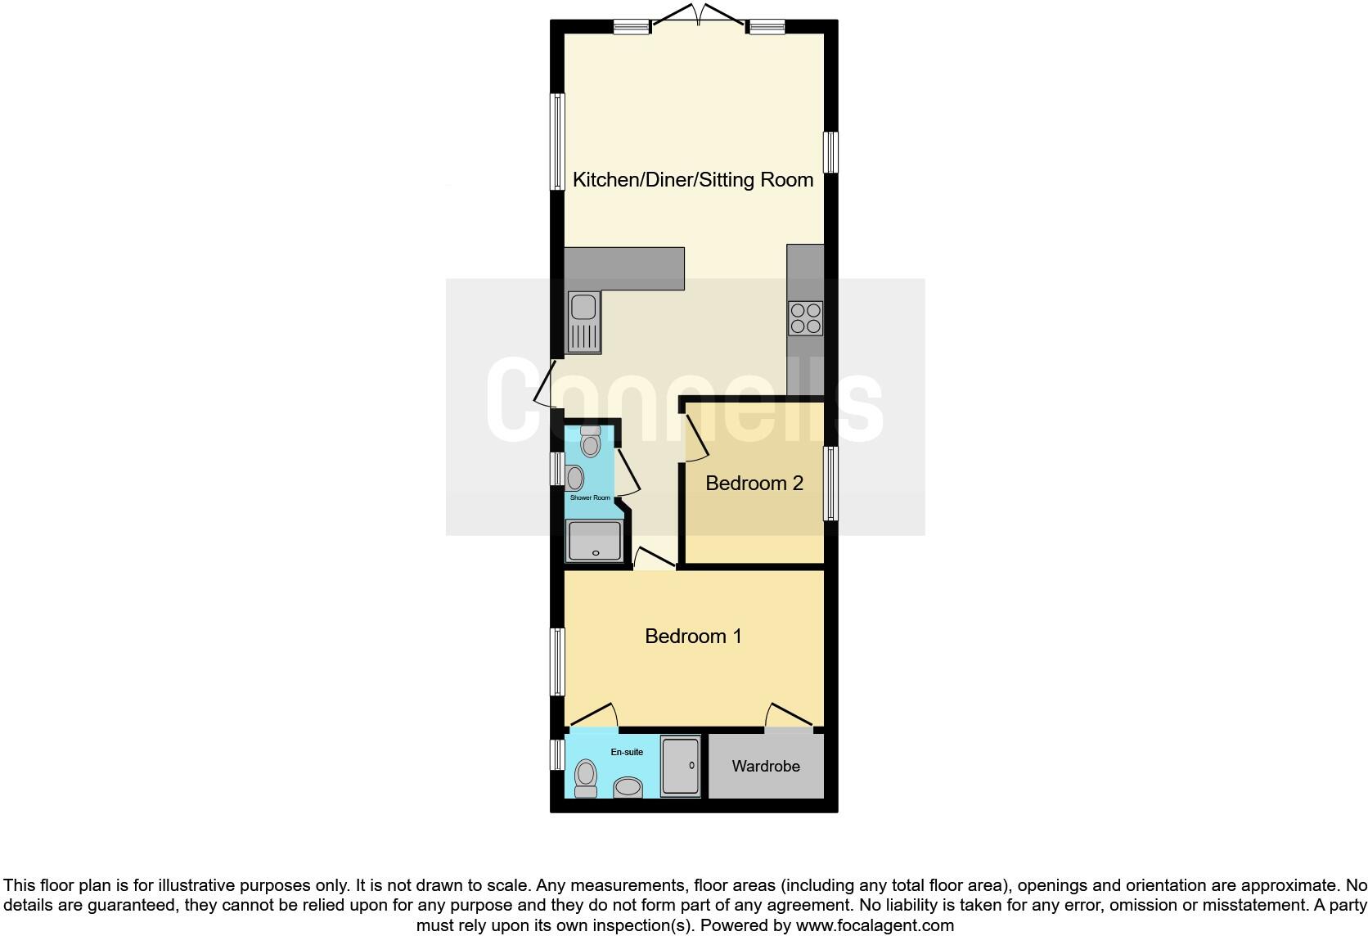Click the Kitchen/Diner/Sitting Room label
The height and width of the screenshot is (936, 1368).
693,180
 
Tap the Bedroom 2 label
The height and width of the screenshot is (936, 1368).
754,484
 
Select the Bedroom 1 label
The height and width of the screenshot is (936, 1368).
693,637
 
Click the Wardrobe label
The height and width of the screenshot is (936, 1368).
766,767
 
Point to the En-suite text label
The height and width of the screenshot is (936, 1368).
627,752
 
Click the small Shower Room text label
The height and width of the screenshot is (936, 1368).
590,497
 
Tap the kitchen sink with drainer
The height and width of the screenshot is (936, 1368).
584,323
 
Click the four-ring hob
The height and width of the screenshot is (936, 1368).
805,318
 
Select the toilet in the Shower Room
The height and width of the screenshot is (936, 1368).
590,442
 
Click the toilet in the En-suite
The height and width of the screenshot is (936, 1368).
586,777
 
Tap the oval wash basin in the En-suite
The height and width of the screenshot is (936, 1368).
628,787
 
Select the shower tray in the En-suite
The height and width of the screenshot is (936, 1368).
680,766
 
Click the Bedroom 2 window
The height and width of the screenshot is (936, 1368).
830,483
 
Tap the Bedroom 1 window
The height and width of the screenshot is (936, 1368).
557,662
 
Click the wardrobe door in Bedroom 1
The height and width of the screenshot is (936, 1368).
790,716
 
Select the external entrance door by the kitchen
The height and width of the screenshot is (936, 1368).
545,385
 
